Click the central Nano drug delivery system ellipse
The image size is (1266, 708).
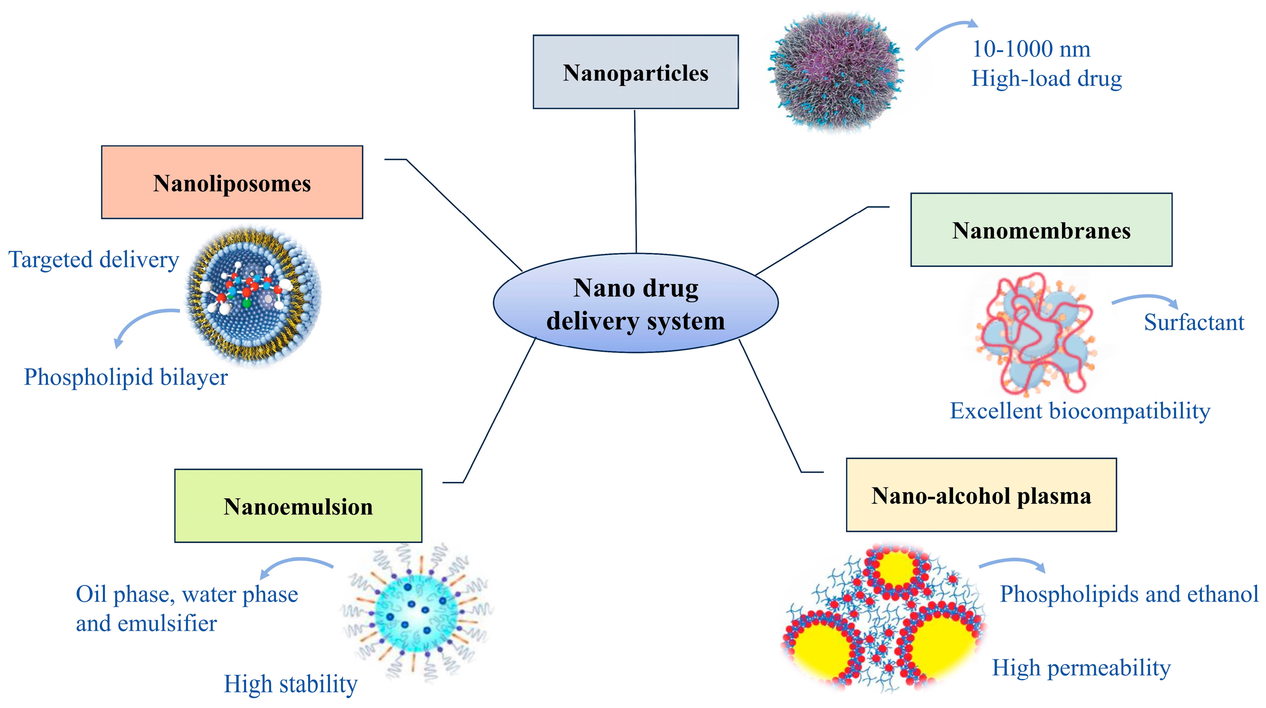pos(636,303)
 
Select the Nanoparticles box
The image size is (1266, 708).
pos(636,72)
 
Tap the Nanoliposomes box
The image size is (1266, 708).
pos(232,183)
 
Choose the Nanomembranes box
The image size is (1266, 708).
pos(1041,230)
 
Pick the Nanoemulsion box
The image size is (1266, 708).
pos(298,506)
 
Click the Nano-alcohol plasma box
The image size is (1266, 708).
pos(981,495)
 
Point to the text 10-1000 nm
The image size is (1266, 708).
pos(1031,49)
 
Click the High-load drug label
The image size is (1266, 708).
pos(1047,79)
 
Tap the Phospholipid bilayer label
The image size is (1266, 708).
pos(126,377)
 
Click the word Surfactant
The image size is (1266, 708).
pos(1194,323)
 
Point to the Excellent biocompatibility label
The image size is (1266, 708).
pos(1080,410)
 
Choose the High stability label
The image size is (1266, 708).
pos(290,684)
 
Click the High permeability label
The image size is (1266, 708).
pos(1081,668)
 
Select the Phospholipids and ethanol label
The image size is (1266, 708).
pos(1129,594)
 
